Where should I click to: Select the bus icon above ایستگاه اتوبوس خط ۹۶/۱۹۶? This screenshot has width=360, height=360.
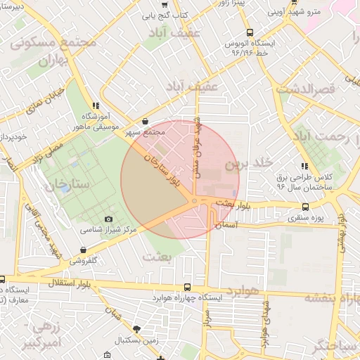[250, 32]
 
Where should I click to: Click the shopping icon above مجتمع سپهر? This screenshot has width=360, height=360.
[145, 121]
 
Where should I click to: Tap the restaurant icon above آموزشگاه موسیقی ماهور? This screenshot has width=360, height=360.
[96, 105]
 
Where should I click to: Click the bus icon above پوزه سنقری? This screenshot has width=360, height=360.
[305, 207]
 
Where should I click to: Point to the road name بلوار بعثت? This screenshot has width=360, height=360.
[233, 203]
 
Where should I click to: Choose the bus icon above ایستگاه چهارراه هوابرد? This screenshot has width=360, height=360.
[187, 287]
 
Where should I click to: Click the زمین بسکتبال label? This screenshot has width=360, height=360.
[136, 340]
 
